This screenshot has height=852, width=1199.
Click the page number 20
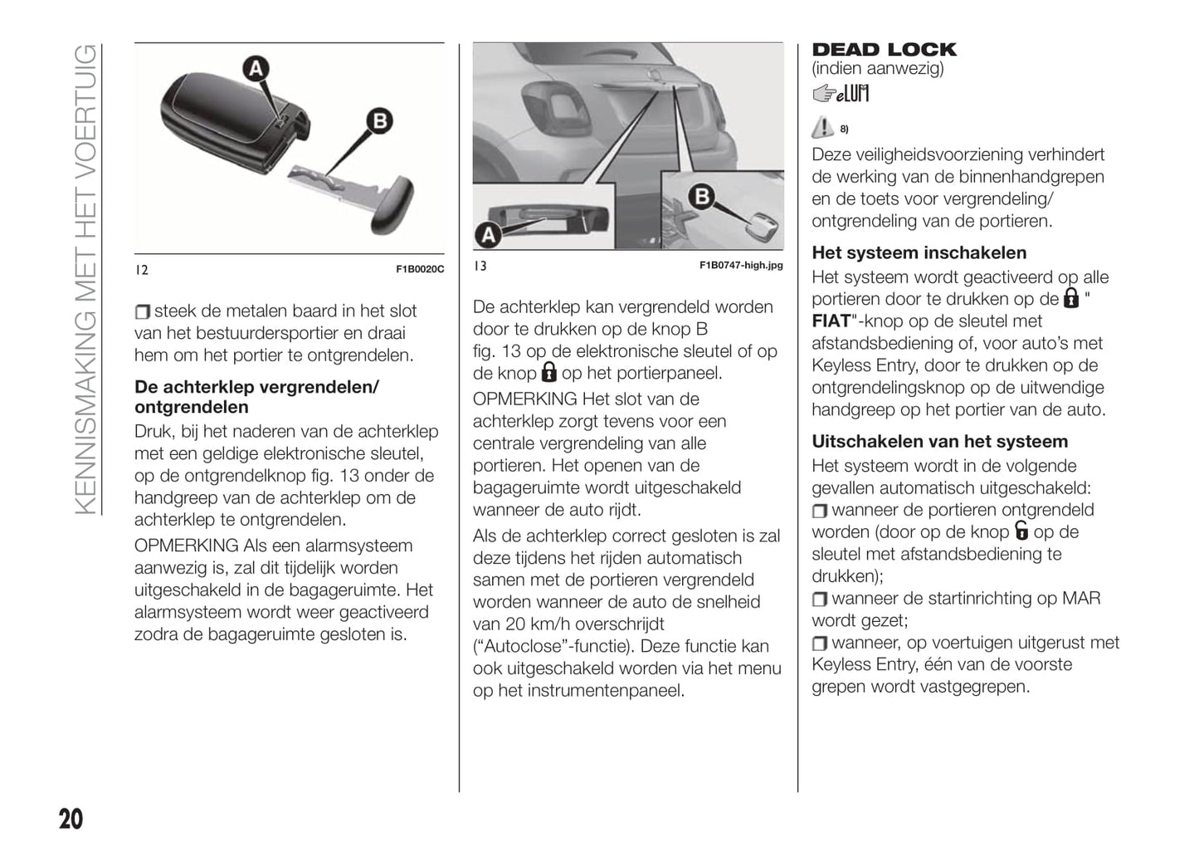(71, 819)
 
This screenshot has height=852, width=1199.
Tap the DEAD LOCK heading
(884, 50)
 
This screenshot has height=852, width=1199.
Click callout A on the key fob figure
(256, 68)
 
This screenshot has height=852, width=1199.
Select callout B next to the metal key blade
(379, 121)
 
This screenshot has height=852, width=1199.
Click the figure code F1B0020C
(420, 269)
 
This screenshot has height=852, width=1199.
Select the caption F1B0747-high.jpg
(741, 266)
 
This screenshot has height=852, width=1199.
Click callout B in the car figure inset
(702, 198)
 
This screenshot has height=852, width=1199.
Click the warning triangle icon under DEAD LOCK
(822, 127)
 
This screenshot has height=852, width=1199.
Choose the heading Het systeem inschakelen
(919, 253)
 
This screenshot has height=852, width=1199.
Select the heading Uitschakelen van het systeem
(939, 442)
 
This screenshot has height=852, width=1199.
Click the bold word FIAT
(831, 321)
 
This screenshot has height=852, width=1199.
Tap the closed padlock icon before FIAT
(1071, 298)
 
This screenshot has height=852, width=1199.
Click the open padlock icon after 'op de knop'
(1021, 531)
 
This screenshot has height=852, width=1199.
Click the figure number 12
(142, 269)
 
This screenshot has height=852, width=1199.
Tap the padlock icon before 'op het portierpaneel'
(548, 372)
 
